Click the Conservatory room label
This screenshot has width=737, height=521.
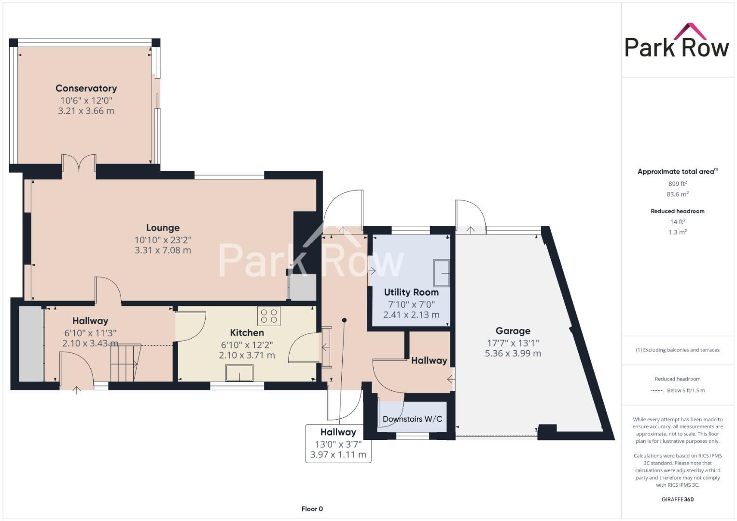(86, 88)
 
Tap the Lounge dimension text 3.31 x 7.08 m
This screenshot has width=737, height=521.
(163, 250)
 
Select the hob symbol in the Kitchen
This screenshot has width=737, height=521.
(269, 316)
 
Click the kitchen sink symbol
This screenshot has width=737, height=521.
(239, 373)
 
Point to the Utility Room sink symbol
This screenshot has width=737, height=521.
(441, 273)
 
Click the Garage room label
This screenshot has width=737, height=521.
(513, 331)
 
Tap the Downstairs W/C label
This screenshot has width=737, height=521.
(412, 419)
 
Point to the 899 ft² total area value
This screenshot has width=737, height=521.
(677, 184)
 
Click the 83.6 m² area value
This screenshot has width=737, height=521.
(677, 194)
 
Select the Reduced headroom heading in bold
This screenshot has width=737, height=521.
(677, 211)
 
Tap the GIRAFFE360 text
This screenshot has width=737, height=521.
(677, 499)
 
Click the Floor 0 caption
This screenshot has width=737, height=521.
(312, 509)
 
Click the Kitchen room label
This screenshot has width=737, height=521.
(247, 333)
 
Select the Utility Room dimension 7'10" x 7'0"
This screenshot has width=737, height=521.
(411, 304)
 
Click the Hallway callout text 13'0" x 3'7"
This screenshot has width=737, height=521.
(338, 444)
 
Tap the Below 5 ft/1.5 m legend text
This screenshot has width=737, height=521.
(685, 391)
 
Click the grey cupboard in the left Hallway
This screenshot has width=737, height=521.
(31, 343)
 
